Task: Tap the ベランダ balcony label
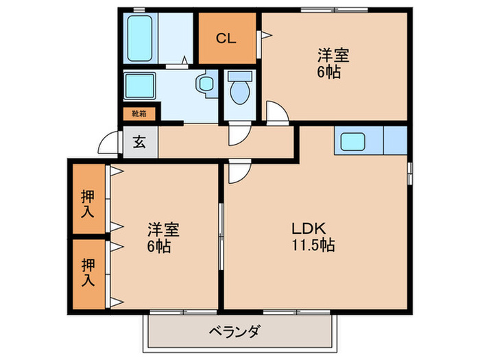[235, 333]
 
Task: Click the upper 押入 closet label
[88, 204]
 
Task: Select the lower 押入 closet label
[88, 272]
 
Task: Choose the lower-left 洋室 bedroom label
[159, 237]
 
